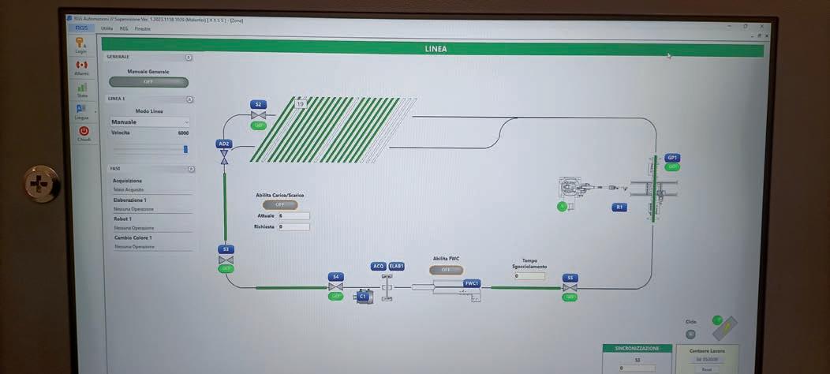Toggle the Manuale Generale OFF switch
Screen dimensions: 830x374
point(148,82)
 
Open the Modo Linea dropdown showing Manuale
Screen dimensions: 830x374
point(150,122)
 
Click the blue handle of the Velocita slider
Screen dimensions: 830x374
point(186,148)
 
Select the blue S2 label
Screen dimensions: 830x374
point(258,104)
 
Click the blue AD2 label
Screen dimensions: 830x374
point(224,144)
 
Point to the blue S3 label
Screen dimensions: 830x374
point(226,249)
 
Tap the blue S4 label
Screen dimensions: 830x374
point(335,277)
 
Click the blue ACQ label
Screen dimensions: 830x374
point(379,267)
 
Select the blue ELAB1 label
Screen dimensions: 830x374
point(396,267)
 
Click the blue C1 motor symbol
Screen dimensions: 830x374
point(364,297)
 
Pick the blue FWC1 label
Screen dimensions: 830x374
point(472,283)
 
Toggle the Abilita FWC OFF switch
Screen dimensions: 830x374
point(446,270)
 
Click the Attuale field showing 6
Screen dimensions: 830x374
point(293,215)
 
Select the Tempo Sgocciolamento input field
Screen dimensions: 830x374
point(529,276)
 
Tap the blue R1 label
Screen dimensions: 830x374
point(619,208)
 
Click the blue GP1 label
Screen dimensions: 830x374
point(672,158)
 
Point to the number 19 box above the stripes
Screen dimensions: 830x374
point(300,103)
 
